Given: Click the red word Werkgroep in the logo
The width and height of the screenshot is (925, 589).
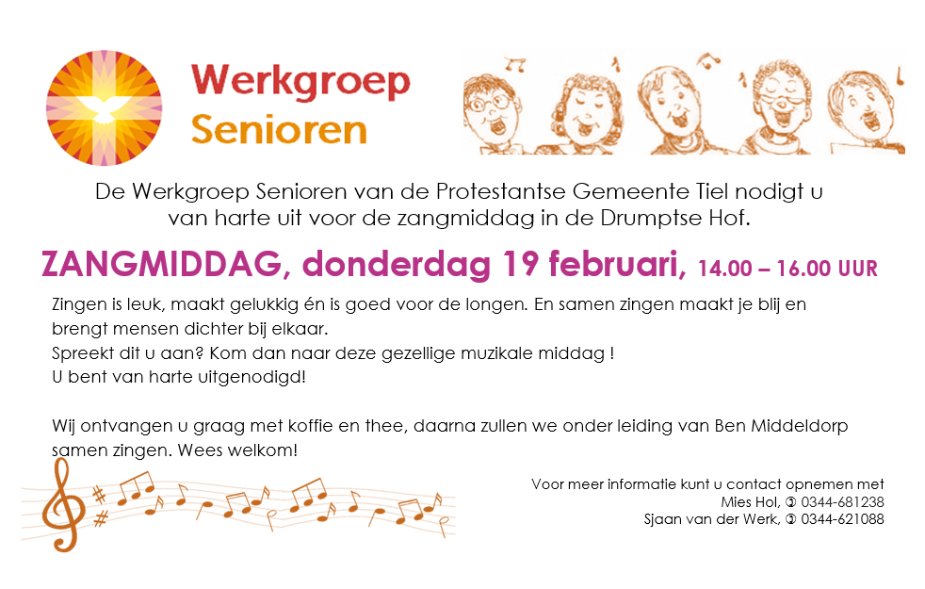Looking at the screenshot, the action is point(300,81).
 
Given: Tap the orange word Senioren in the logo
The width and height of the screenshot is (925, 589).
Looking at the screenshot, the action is point(279,130).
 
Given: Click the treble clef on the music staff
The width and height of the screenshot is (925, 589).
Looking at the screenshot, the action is point(62,505).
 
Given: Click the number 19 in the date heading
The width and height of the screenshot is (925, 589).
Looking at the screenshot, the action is point(520,263).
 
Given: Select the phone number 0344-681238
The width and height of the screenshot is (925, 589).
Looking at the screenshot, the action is point(842,502).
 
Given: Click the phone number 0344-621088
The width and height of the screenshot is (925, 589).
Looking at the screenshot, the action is point(842,519).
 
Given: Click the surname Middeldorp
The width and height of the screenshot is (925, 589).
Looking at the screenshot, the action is point(800,426).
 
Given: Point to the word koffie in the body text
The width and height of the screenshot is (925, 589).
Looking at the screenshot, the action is point(312,426).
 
